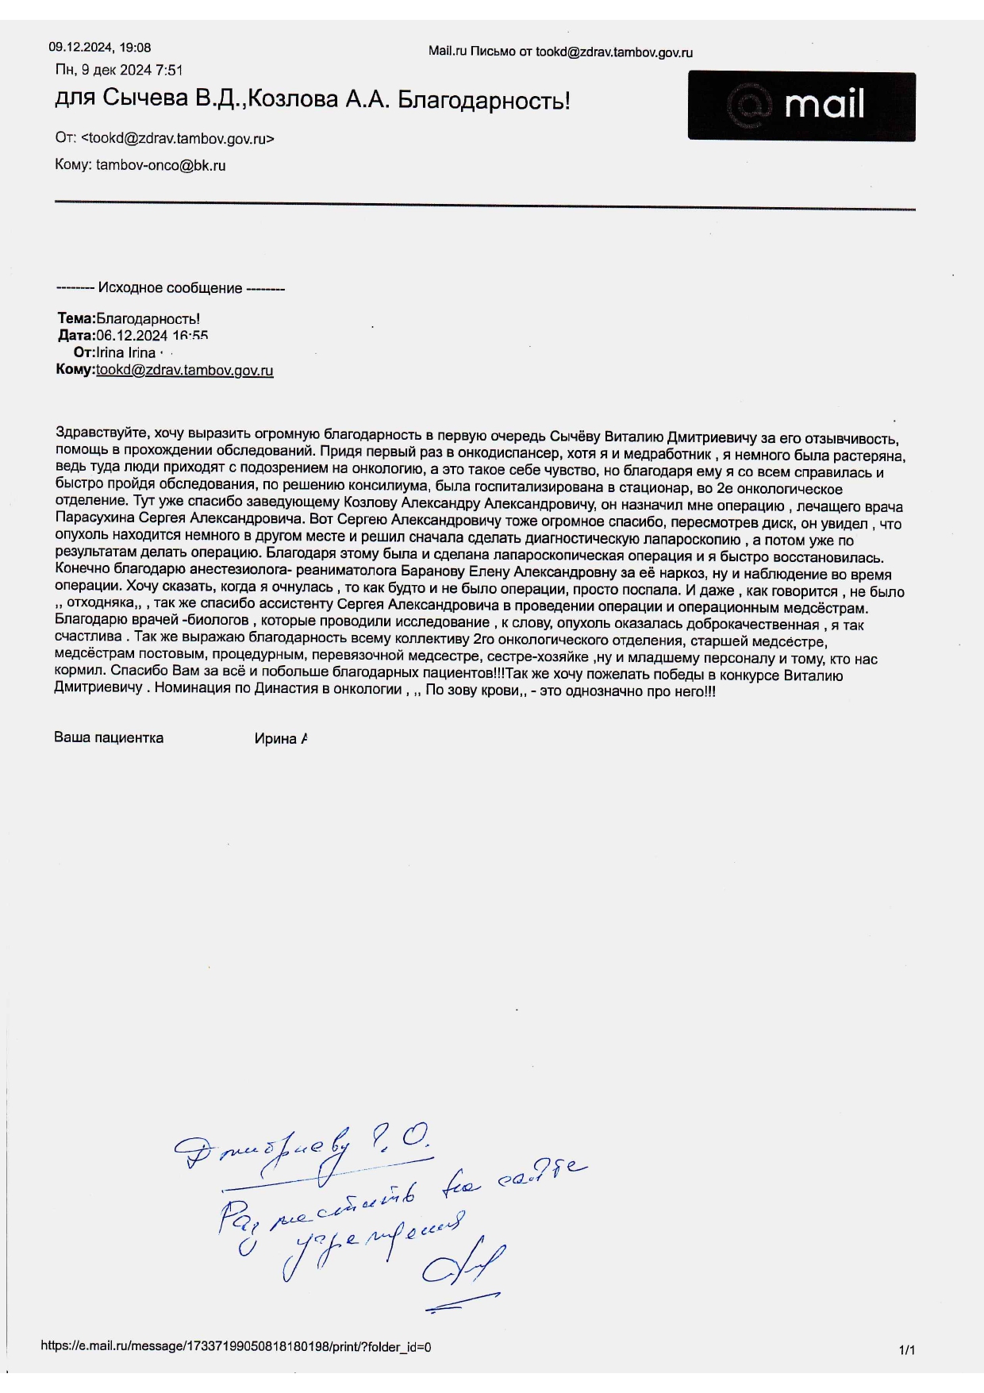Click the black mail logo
(801, 106)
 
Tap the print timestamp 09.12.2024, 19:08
(100, 48)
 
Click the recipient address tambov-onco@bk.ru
(160, 166)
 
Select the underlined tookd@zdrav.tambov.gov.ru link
(185, 371)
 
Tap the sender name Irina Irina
(125, 353)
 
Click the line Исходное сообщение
(171, 288)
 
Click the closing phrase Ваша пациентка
(109, 738)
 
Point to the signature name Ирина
(275, 739)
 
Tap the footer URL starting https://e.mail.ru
(236, 1347)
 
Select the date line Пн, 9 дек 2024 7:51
(119, 71)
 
